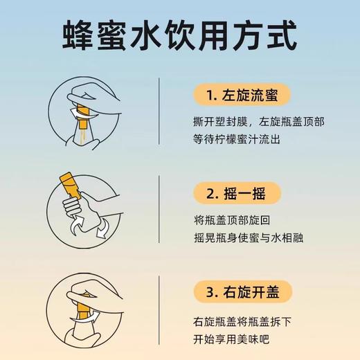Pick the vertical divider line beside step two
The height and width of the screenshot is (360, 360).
[160, 211]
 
